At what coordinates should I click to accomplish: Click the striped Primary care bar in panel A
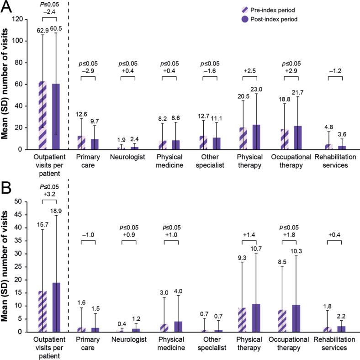pos(81,142)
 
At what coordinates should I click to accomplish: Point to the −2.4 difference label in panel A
pos(49,12)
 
